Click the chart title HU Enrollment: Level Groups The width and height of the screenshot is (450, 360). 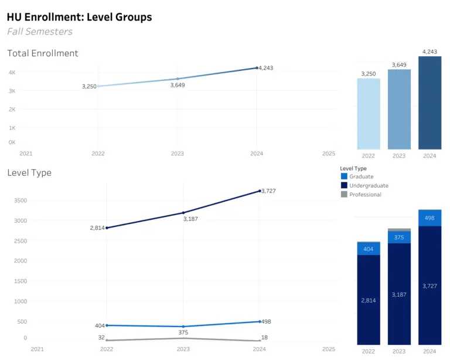79,17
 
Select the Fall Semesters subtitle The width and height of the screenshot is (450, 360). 40,32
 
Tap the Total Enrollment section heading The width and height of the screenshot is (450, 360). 43,53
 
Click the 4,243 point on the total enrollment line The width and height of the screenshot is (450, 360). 257,68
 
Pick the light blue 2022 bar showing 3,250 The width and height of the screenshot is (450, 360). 369,114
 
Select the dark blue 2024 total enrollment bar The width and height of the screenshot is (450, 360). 429,103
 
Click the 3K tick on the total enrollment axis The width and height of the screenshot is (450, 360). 12,91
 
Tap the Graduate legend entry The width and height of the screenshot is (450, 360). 361,176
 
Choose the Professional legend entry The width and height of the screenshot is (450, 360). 365,195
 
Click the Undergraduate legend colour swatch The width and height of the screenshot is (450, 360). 344,185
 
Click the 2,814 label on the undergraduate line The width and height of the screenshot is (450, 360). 97,227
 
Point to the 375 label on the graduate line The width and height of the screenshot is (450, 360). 183,334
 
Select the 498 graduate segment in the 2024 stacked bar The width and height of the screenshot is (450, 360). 429,218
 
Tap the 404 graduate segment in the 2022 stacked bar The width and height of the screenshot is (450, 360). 369,249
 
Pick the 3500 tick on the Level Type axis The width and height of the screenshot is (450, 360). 20,200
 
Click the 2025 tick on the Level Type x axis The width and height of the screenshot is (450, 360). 329,349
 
